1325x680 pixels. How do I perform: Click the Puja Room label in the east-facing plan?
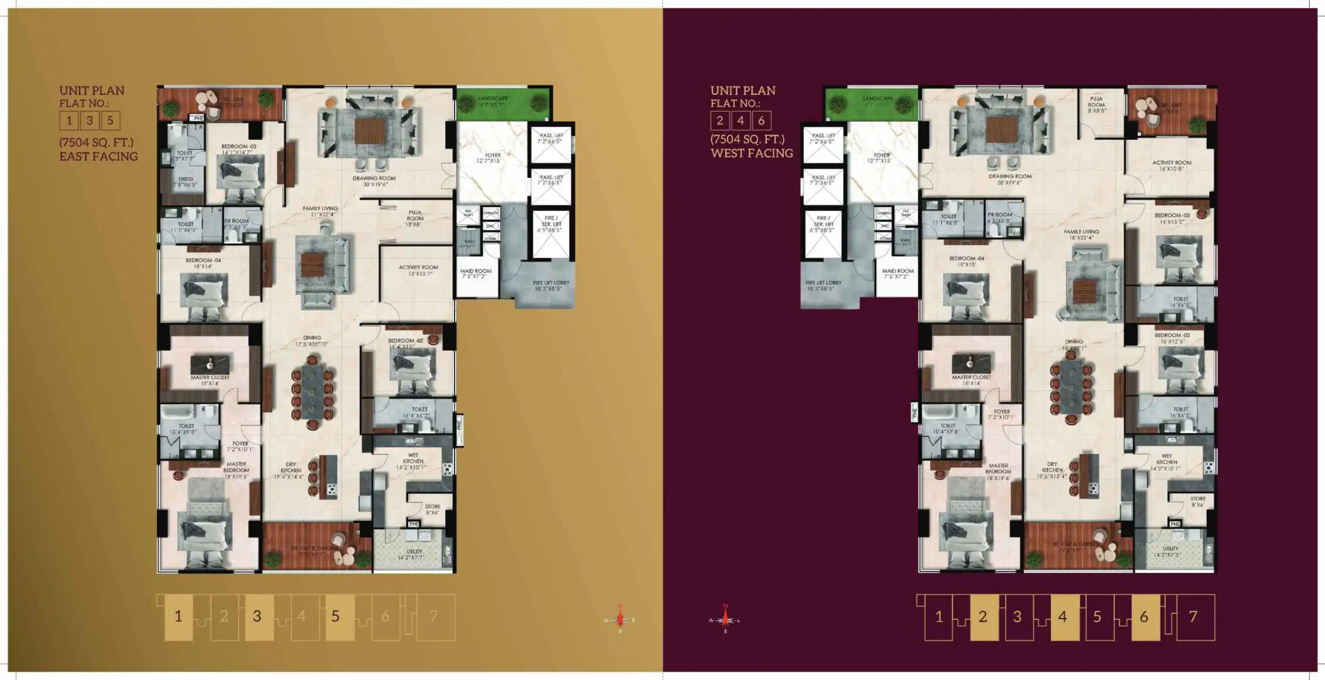click(414, 218)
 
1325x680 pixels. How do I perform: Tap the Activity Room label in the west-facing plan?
click(1171, 165)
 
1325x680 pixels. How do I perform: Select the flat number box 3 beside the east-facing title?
click(90, 121)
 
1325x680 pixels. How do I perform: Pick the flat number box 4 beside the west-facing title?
click(740, 121)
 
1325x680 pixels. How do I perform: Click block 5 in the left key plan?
click(336, 617)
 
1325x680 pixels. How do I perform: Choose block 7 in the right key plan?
click(1193, 617)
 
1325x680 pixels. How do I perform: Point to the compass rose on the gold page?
click(620, 619)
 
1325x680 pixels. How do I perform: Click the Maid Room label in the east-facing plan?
click(475, 273)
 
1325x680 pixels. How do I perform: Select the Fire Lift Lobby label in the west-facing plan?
click(823, 285)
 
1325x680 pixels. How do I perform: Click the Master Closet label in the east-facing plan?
click(210, 380)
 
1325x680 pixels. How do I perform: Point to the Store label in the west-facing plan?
click(1197, 501)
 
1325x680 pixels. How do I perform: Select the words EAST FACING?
click(98, 156)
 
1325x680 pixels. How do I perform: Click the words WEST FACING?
click(751, 153)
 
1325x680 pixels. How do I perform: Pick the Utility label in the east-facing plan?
click(414, 554)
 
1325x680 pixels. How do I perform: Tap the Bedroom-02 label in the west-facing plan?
click(1172, 338)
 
